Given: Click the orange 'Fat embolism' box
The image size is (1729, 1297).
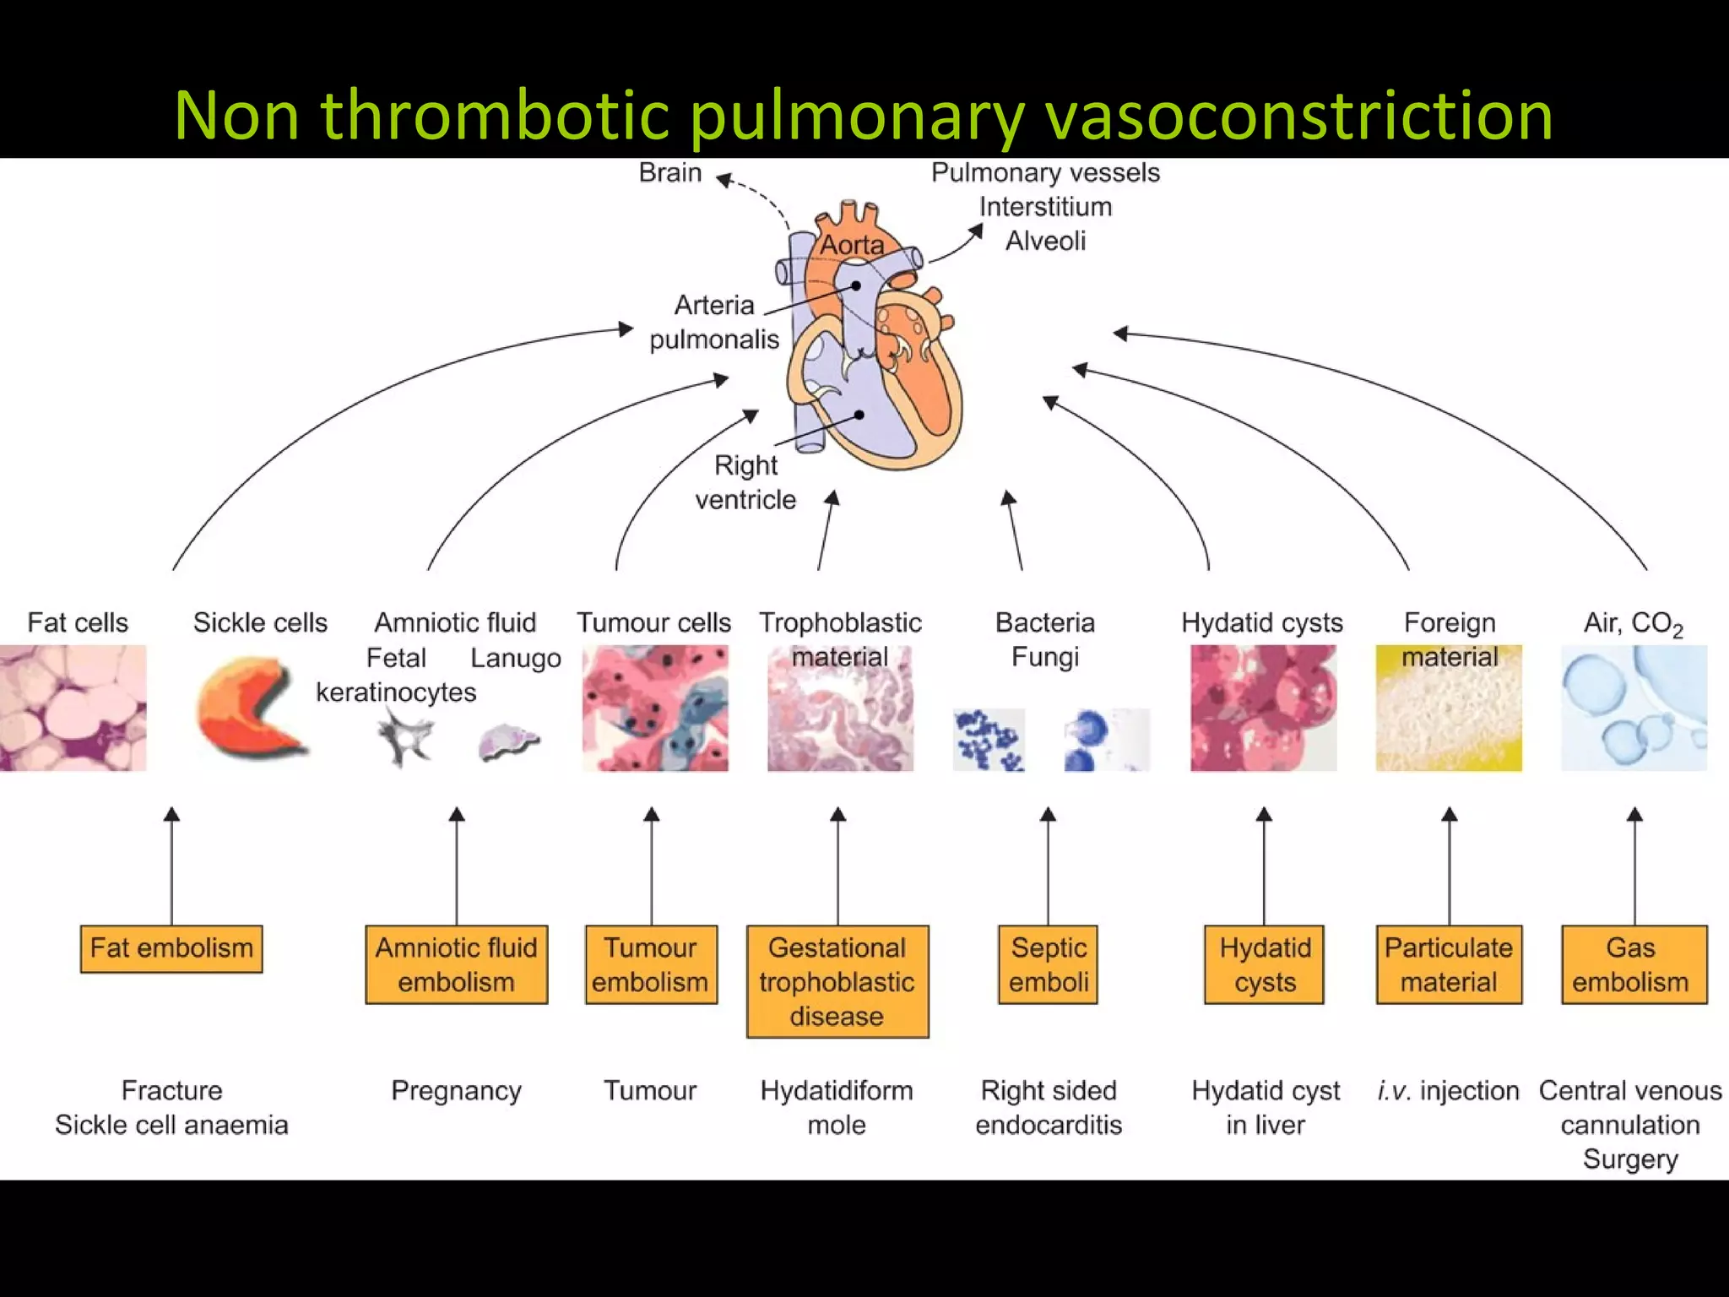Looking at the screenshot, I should [171, 948].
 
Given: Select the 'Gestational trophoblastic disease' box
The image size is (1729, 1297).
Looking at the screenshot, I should [837, 981].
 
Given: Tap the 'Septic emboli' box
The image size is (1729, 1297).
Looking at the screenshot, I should [1048, 964].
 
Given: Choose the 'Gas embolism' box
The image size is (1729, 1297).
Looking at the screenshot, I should [1634, 964].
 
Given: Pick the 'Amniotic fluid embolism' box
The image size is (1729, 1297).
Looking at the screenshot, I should [456, 964].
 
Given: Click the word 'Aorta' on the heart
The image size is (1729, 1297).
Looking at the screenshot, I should [852, 245].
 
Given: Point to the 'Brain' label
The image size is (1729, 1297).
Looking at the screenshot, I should [669, 172].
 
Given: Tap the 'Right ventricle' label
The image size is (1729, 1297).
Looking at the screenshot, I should [745, 482].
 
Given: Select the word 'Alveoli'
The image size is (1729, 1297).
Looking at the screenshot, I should [1045, 241].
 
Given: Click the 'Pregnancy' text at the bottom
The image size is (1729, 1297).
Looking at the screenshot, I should [456, 1090].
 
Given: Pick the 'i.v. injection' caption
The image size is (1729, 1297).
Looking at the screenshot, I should [1448, 1090].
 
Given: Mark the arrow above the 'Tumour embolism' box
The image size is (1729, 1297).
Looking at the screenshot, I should [651, 866].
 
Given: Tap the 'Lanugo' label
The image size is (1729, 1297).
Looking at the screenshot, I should [515, 658].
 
